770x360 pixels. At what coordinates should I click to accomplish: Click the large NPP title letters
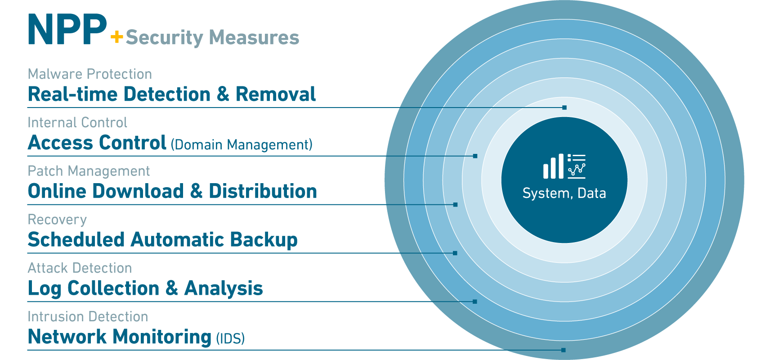coord(67,30)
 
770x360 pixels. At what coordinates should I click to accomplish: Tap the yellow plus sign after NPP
coord(117,37)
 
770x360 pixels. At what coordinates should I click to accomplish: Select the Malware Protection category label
coord(90,74)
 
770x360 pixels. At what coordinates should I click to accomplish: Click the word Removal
coord(275,94)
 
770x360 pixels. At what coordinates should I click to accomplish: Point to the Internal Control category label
coord(77,122)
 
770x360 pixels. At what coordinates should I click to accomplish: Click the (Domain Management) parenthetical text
coord(242,145)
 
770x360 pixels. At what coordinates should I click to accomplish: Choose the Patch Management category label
coord(89,171)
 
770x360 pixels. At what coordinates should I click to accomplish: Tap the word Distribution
coord(263,191)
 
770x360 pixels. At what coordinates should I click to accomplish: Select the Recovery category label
coord(57,220)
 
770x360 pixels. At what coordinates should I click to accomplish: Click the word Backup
coord(264,240)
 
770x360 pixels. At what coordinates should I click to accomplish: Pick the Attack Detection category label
coord(80,268)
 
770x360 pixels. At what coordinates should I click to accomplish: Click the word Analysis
coord(224,288)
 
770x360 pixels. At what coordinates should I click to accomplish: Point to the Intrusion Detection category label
coord(88,316)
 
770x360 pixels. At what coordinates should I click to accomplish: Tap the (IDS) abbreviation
coord(230,338)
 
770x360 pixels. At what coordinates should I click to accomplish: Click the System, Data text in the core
coord(564,193)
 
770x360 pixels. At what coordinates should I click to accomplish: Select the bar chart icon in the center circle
coord(553,166)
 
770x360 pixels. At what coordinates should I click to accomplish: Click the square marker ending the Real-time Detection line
coord(564,108)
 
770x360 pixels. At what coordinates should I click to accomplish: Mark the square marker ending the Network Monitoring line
coord(564,350)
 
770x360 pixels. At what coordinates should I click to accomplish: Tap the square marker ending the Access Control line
coord(475,156)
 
